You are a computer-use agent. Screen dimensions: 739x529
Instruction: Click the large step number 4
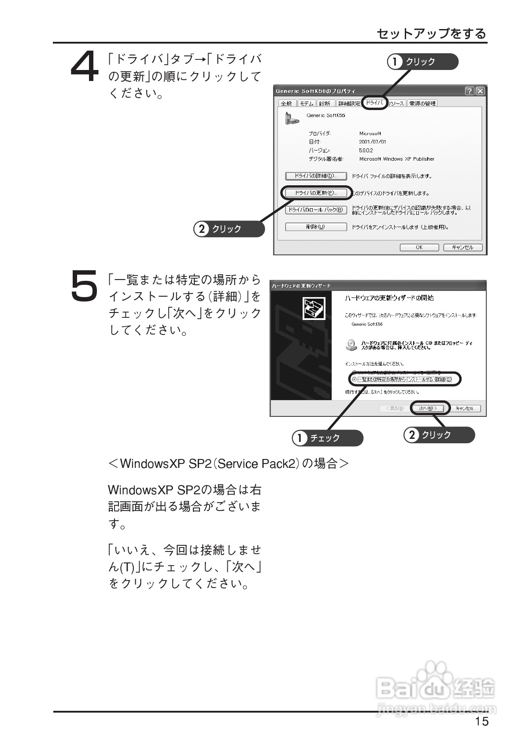(x=85, y=67)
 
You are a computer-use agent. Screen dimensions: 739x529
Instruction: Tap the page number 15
(x=482, y=721)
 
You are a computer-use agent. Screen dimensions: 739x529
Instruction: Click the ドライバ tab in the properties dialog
(x=374, y=103)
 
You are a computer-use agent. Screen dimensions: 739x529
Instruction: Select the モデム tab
(x=307, y=103)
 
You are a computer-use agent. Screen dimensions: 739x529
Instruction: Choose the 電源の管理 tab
(x=422, y=103)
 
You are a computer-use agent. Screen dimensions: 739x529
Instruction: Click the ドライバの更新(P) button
(x=316, y=193)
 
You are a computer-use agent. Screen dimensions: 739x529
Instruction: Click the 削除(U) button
(x=316, y=227)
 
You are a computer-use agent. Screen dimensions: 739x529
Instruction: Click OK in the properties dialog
(x=419, y=247)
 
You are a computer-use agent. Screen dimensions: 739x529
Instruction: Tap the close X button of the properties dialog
(x=480, y=91)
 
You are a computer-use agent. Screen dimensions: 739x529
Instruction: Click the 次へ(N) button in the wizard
(x=430, y=408)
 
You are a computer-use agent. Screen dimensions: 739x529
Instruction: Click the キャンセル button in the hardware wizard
(x=465, y=408)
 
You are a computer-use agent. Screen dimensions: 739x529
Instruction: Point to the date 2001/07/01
(x=372, y=142)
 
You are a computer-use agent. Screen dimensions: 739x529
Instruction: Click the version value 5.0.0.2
(x=366, y=151)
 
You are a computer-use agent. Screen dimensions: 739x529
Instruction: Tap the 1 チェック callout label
(x=327, y=438)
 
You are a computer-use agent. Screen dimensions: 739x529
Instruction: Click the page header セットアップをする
(x=431, y=33)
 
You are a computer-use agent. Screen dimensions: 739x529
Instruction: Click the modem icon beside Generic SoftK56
(x=290, y=118)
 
